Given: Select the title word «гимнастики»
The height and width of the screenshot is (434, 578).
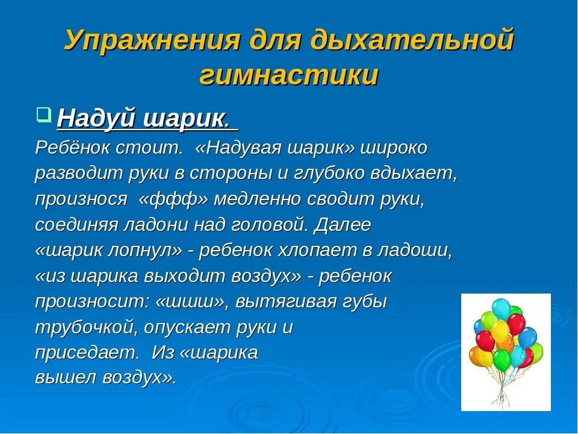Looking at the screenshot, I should click(x=289, y=77).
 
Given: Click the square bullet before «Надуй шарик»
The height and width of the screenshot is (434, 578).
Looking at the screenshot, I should click(x=43, y=113).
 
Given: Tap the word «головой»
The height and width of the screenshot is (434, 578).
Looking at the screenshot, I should click(x=272, y=225).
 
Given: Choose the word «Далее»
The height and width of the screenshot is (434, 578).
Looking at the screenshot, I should click(x=344, y=225).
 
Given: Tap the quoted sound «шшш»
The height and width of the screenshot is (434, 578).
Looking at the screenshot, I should click(x=194, y=301).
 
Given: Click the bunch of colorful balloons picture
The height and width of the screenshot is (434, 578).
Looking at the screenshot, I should click(x=506, y=352).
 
